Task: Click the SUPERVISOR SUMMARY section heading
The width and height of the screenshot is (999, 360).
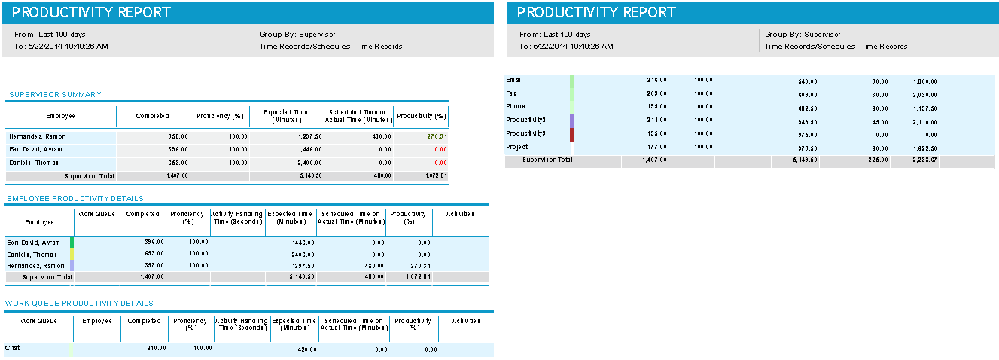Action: (55, 95)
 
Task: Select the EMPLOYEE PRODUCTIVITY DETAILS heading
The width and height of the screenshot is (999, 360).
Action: (74, 199)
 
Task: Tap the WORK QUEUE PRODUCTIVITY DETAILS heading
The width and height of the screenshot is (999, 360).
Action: (79, 303)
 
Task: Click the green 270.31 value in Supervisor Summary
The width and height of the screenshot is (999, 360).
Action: (437, 136)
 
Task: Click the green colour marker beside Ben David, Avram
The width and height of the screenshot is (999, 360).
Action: (72, 243)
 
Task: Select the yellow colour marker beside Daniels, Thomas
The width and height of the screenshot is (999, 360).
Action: (72, 254)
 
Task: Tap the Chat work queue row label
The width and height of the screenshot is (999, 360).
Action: (12, 348)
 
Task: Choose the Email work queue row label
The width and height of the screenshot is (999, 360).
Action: (514, 80)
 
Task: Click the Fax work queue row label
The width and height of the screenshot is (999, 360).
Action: (511, 93)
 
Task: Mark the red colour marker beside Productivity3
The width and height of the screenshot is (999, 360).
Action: (571, 134)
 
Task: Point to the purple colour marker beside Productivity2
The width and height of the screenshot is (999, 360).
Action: (571, 121)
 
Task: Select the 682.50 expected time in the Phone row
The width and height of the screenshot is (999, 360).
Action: (806, 108)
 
